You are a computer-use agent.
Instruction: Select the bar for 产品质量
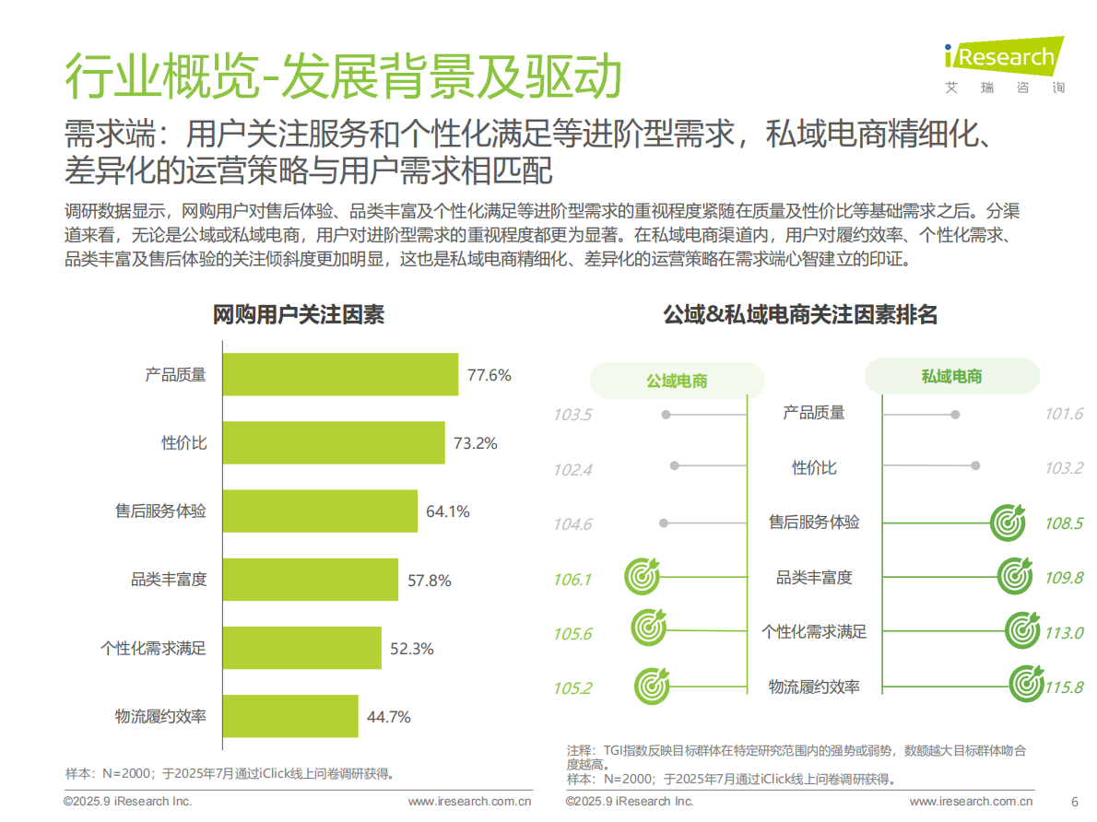pyautogui.click(x=339, y=375)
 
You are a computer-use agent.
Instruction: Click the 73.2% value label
pyautogui.click(x=476, y=443)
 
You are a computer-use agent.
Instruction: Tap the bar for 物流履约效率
pyautogui.click(x=289, y=716)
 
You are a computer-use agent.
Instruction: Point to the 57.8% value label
pyautogui.click(x=430, y=580)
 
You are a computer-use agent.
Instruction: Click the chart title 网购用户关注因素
pyautogui.click(x=298, y=315)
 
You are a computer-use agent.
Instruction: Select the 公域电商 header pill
pyautogui.click(x=677, y=380)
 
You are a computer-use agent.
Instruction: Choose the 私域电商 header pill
pyautogui.click(x=951, y=376)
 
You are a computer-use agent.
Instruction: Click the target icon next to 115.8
pyautogui.click(x=1026, y=684)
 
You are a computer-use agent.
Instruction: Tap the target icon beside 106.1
pyautogui.click(x=642, y=577)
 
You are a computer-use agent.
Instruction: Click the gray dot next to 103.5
pyautogui.click(x=665, y=416)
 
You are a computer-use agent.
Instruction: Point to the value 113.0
pyautogui.click(x=1064, y=633)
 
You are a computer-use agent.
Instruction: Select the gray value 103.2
pyautogui.click(x=1064, y=468)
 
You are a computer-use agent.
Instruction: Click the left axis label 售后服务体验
pyautogui.click(x=160, y=511)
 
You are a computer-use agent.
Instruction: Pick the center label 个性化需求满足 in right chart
pyautogui.click(x=814, y=632)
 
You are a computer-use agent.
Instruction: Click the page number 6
pyautogui.click(x=1074, y=801)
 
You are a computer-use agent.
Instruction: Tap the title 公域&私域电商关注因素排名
pyautogui.click(x=800, y=315)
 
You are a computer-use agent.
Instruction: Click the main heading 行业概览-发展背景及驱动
pyautogui.click(x=342, y=76)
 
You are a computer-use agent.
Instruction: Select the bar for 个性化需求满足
pyautogui.click(x=301, y=648)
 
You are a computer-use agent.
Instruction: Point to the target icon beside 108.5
pyautogui.click(x=1007, y=523)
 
